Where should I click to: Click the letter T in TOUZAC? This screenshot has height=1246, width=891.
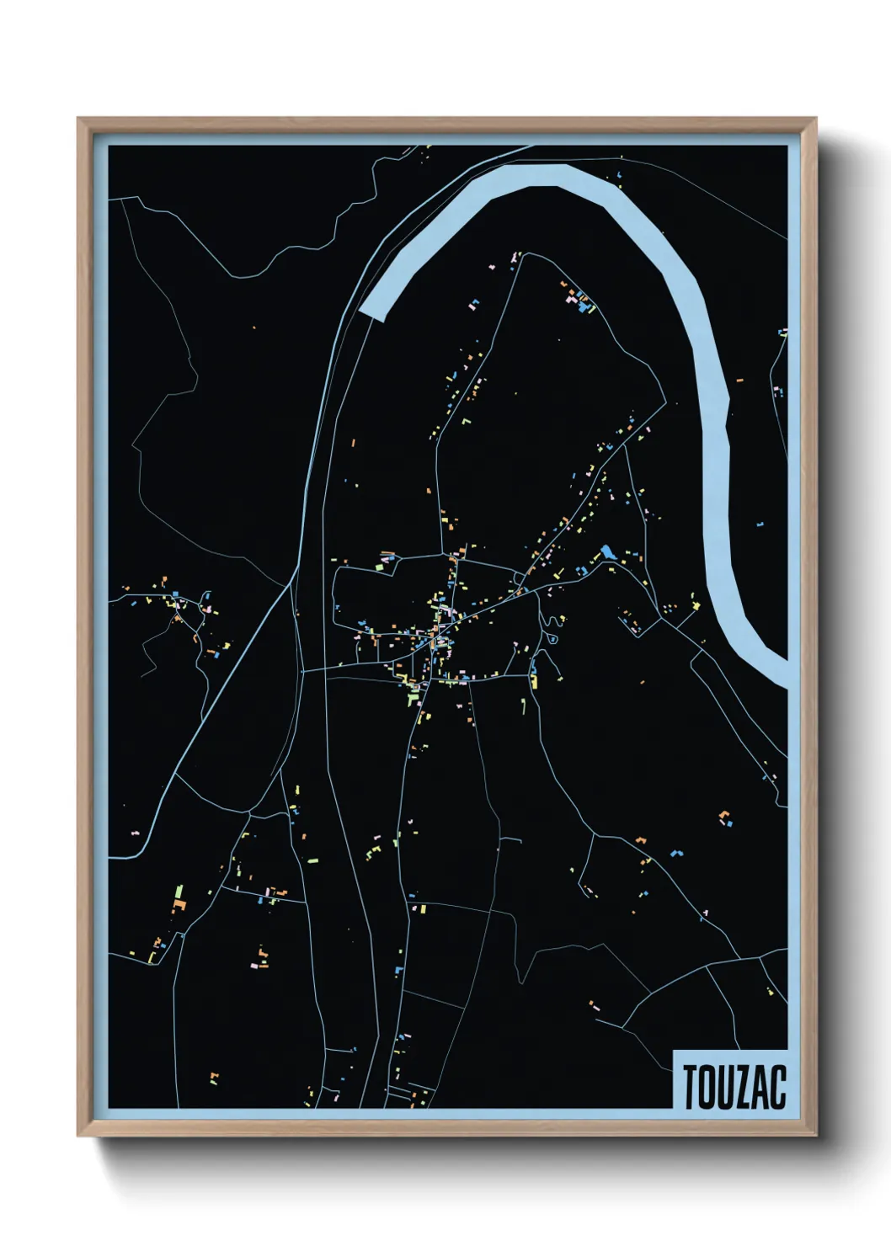pos(690,1087)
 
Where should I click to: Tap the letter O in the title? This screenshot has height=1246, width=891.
pos(707,1087)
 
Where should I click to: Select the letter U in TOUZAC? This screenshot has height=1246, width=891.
pos(727,1087)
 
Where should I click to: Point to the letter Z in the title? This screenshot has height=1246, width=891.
pos(744,1087)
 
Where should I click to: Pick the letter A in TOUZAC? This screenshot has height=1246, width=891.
pos(762,1087)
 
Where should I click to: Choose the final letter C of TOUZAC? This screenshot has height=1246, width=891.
pos(778,1087)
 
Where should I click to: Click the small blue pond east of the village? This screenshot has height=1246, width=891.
pos(606,552)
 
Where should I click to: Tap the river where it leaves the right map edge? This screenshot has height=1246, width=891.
pos(782,674)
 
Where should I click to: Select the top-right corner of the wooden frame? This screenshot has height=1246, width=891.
pos(814,120)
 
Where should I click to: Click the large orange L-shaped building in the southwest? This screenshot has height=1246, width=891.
pos(178,906)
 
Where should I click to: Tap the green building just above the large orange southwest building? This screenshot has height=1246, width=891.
pos(179,890)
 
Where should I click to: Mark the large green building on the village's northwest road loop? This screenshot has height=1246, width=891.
pos(379,566)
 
